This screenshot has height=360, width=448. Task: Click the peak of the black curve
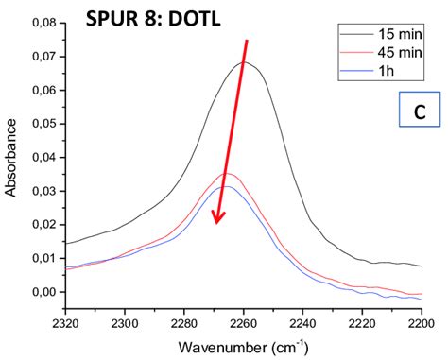(244, 62)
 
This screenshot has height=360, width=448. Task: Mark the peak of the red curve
(227, 174)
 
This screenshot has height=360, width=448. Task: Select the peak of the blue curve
(226, 186)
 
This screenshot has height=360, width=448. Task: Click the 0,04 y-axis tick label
(43, 157)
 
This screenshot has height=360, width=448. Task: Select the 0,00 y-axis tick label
(43, 292)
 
